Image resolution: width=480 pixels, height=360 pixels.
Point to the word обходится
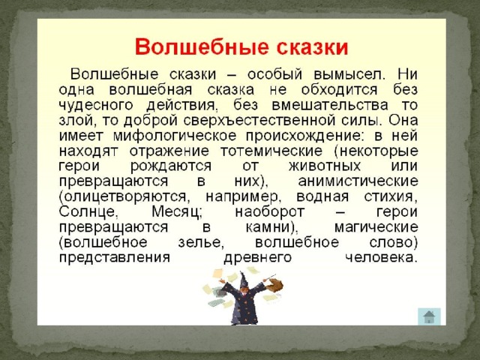point(340,90)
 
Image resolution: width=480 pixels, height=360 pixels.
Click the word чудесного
point(96,105)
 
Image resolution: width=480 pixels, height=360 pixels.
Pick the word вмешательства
point(330,105)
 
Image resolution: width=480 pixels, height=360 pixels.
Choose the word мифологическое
point(175,136)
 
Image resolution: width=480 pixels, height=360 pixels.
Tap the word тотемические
point(271,151)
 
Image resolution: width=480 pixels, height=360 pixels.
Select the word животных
point(325,166)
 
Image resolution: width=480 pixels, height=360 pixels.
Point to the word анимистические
point(358,181)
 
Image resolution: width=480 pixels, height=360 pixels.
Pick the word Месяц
point(177,212)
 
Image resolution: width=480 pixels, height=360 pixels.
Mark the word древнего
point(258,258)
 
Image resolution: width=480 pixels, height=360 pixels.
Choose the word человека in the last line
point(382,258)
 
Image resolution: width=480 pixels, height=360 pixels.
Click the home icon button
point(429,316)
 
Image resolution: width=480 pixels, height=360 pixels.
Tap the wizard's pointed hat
point(244,280)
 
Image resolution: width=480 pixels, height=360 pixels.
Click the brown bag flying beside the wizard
point(275,285)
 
